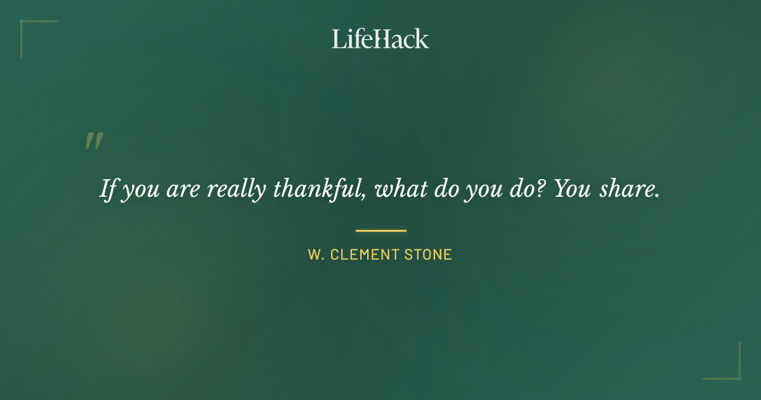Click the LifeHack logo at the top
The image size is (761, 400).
tap(380, 39)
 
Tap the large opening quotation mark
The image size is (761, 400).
tap(94, 141)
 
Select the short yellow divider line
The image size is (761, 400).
tap(380, 230)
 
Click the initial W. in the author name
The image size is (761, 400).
tap(316, 255)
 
